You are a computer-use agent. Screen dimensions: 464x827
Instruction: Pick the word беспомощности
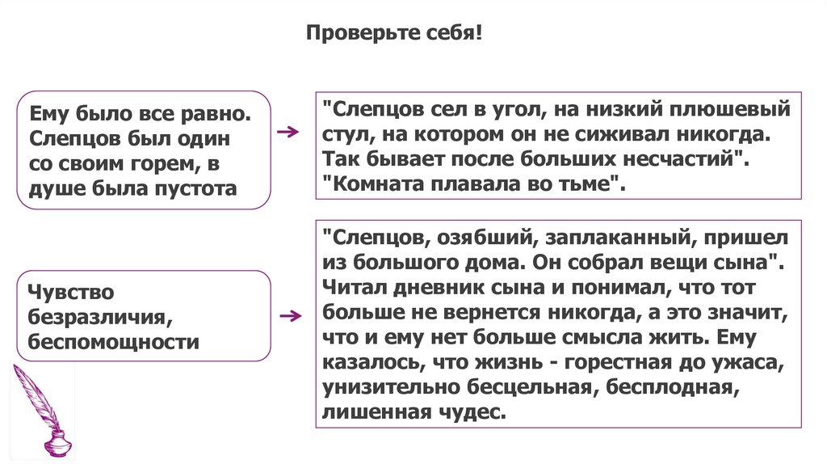pos(113,340)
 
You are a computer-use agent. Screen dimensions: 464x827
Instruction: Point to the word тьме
pos(594,183)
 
